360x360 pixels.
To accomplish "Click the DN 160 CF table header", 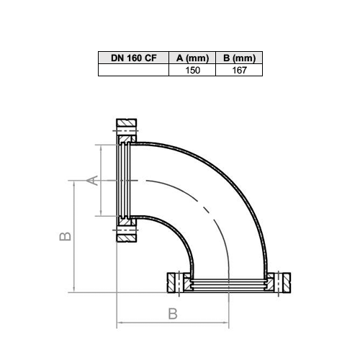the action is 133,58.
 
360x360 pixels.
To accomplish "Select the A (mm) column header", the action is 192,58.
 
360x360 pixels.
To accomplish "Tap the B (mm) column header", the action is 239,58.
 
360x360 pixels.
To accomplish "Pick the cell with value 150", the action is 192,70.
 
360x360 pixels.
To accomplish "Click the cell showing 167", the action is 239,70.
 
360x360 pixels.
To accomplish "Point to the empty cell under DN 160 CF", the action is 133,70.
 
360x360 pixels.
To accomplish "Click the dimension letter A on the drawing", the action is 92,181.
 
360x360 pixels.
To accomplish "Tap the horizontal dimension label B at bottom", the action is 173,314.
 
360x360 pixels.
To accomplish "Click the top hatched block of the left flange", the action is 127,123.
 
